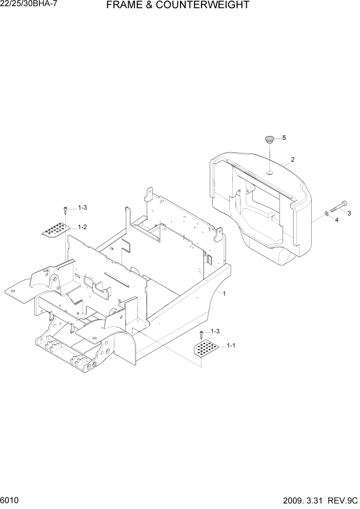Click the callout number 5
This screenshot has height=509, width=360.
tap(284, 138)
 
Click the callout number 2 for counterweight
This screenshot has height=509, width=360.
tap(292, 160)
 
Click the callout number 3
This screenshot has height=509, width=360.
tap(349, 213)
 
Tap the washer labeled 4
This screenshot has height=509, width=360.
tap(327, 214)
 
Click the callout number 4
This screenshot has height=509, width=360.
tap(336, 220)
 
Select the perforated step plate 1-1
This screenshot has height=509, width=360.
tap(208, 350)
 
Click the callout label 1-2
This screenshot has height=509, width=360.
tap(82, 227)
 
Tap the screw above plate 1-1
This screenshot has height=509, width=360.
tap(202, 334)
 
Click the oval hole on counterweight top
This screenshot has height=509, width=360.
tap(269, 173)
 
